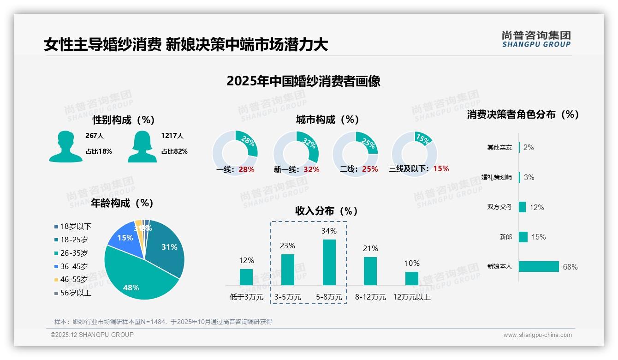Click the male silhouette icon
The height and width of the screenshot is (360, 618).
point(65,147)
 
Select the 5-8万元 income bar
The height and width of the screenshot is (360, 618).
point(329,262)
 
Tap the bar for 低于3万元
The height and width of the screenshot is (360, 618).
point(246,277)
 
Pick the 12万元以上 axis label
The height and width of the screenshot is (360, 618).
point(411,297)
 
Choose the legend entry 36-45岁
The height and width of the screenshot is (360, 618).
point(74,266)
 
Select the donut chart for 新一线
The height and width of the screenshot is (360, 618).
point(296,153)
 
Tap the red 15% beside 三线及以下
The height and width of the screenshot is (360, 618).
point(441,168)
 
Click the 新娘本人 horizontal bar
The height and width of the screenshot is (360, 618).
point(539,267)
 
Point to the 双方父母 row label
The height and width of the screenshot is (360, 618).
point(499,207)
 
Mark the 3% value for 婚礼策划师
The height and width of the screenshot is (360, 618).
point(529,177)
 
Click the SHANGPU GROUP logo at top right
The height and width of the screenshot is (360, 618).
point(536,39)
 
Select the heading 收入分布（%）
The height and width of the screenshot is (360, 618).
point(327,211)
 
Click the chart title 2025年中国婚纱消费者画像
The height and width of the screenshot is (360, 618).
point(303,81)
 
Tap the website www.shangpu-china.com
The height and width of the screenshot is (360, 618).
point(537,335)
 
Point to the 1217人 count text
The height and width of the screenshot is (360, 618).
point(172,136)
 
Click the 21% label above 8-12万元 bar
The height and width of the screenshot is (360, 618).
point(370,248)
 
